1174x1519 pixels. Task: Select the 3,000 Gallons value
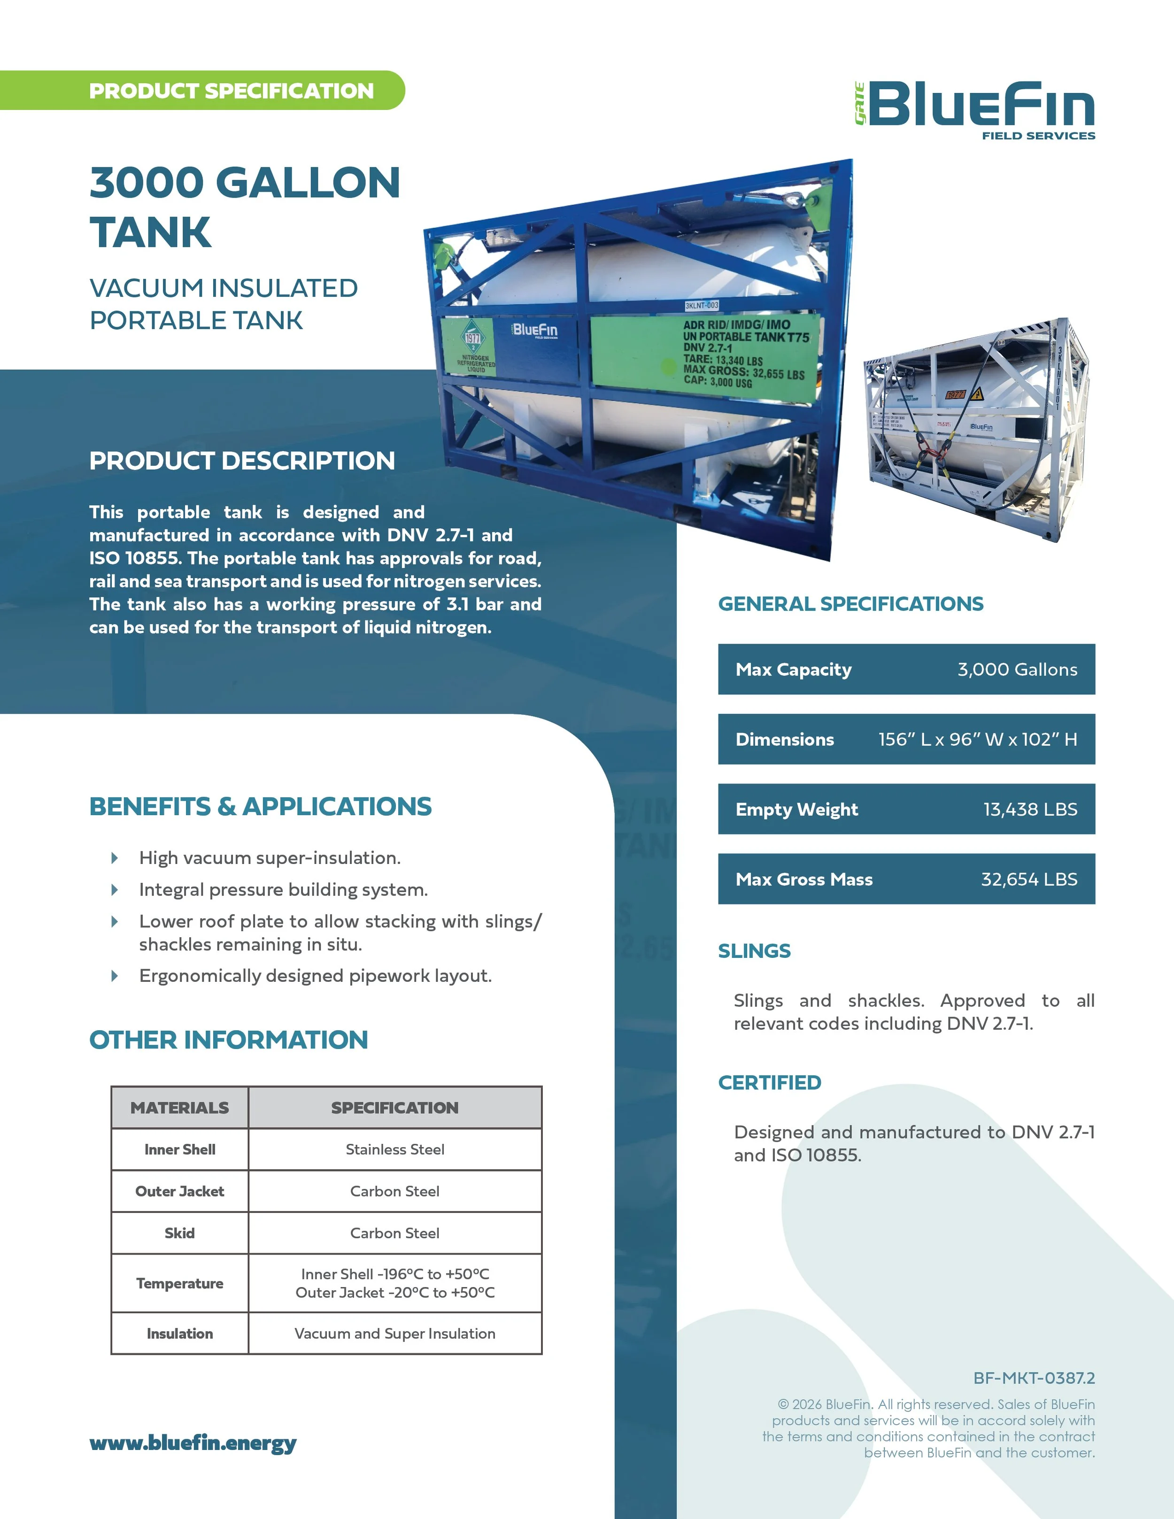pyautogui.click(x=1017, y=669)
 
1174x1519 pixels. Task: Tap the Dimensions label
pyautogui.click(x=785, y=740)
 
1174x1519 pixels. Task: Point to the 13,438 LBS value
pyautogui.click(x=1030, y=809)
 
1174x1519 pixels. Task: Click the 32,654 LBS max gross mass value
pyautogui.click(x=1028, y=879)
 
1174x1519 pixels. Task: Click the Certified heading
pyautogui.click(x=769, y=1082)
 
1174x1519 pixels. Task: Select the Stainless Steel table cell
pyautogui.click(x=394, y=1149)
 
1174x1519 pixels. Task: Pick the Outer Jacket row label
pyautogui.click(x=179, y=1191)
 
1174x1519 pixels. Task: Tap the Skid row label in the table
pyautogui.click(x=179, y=1233)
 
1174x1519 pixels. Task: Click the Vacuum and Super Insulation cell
pyautogui.click(x=394, y=1334)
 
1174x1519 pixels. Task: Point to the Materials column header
pyautogui.click(x=179, y=1107)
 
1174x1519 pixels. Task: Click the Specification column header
pyautogui.click(x=394, y=1107)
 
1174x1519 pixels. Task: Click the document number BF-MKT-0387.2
pyautogui.click(x=1034, y=1378)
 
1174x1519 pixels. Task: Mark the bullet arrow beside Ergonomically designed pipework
pyautogui.click(x=115, y=976)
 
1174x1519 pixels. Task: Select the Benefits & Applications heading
pyautogui.click(x=260, y=806)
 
